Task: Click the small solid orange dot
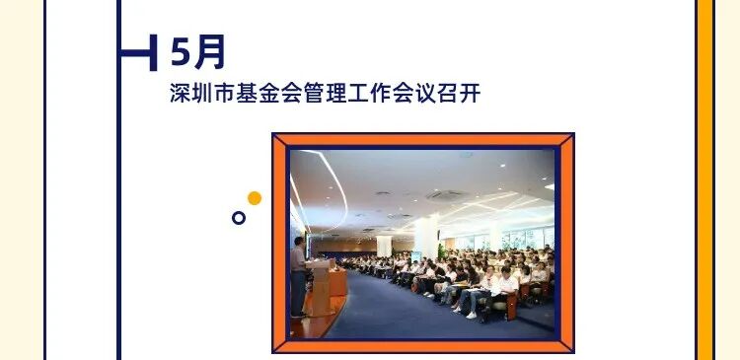255,198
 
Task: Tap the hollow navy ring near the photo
239,217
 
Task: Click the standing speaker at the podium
299,276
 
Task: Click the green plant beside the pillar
441,251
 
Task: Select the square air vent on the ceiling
445,194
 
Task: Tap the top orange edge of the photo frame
422,139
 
